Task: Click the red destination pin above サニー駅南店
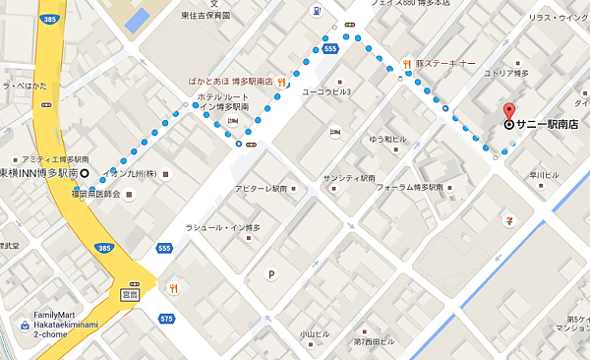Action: click(508, 110)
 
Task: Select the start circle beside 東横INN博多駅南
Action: click(85, 174)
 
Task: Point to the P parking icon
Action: click(270, 274)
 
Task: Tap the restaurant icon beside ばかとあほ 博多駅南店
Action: click(281, 82)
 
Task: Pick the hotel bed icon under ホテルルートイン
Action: click(234, 120)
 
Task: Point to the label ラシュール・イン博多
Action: click(222, 228)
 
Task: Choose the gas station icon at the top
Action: click(316, 12)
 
